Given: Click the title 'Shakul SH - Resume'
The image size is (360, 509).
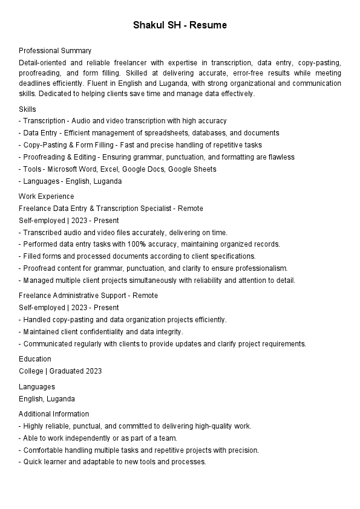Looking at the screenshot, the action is [180, 25].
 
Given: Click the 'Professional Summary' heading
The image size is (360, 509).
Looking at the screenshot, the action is [55, 51].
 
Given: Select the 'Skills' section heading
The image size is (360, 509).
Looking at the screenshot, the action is [27, 109].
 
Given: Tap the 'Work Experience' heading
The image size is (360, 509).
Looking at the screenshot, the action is [46, 196].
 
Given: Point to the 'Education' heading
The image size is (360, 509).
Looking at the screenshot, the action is [35, 359].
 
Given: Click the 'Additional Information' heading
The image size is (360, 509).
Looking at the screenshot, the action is [54, 414].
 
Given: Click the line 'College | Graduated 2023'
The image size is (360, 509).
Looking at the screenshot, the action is [60, 371].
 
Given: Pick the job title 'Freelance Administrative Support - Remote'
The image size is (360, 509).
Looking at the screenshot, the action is [88, 296].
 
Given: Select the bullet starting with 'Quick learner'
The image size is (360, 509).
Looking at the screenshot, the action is [113, 462].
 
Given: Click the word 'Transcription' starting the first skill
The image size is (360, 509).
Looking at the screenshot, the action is [42, 121].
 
